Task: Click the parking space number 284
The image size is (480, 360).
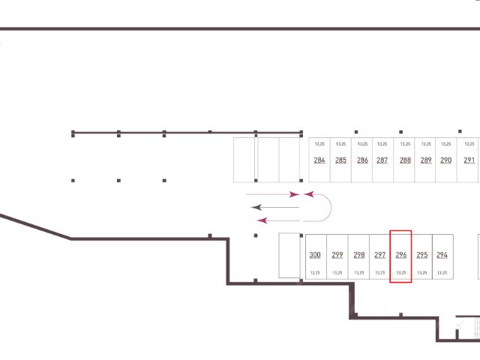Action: coord(319,160)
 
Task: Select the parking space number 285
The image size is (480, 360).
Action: coord(340,160)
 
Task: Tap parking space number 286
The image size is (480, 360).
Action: coord(362,160)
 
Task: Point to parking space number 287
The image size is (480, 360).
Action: coord(382,160)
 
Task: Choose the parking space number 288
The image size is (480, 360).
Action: coord(405,160)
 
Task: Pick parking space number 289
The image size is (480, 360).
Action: coord(426,160)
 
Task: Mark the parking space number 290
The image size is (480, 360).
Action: coord(445,160)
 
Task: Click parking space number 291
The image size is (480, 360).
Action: coord(469,160)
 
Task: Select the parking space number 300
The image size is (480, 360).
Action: coord(315,255)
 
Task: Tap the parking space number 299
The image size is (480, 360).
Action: coord(337,255)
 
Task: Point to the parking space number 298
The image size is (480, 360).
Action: coord(358,255)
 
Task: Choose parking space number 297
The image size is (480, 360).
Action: coord(379,255)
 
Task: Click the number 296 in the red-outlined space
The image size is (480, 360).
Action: coord(400,255)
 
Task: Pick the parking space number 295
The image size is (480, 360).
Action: coord(421,255)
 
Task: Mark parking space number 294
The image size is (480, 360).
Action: coord(442,255)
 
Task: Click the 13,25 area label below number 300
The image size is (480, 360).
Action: coord(315,272)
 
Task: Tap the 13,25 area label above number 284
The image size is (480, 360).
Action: coord(319,143)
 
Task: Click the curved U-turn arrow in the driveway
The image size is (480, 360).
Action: coord(324,206)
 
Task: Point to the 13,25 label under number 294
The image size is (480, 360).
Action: coord(442,272)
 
